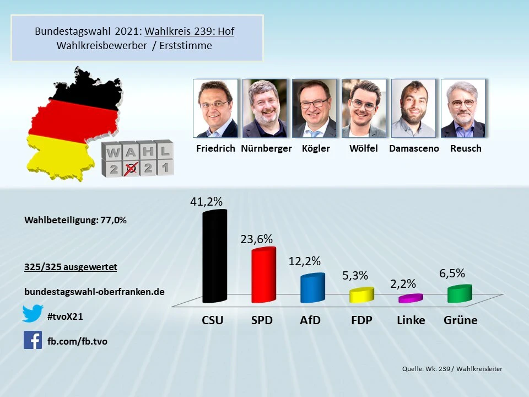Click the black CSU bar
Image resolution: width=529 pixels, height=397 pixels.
(214, 257)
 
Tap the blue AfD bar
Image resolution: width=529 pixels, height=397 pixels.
(312, 288)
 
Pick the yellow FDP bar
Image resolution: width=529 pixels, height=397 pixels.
(361, 295)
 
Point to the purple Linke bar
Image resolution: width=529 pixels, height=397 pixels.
(411, 298)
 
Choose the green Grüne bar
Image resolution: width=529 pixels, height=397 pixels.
(460, 294)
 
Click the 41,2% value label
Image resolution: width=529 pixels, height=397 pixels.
(206, 202)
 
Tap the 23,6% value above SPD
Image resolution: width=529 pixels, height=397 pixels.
(256, 239)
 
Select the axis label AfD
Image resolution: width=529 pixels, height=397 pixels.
(310, 320)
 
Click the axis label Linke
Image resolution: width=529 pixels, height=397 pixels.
(411, 320)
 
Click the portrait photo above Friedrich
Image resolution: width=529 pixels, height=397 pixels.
(215, 108)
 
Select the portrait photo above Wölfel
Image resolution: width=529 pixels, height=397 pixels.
(364, 108)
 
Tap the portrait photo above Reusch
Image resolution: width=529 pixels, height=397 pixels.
(463, 108)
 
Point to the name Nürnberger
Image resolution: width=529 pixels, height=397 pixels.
(266, 148)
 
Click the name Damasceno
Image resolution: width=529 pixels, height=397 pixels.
(414, 148)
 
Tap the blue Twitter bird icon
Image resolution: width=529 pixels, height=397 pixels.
(33, 314)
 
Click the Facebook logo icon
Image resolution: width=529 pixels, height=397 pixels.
(33, 340)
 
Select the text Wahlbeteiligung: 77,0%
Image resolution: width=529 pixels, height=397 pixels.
(75, 220)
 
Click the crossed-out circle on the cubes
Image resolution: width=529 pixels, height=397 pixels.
(130, 168)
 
